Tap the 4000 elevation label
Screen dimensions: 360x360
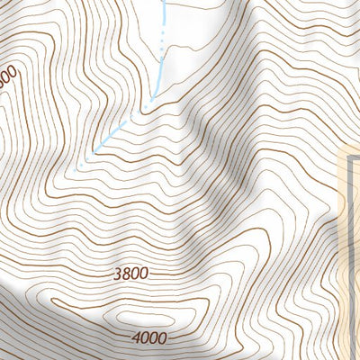click(148, 338)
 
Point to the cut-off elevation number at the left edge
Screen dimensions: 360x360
click(7, 77)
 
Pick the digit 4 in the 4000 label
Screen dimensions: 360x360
click(135, 338)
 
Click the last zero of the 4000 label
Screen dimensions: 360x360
click(162, 338)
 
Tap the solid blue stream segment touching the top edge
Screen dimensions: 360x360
click(165, 11)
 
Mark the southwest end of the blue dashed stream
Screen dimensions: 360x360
click(79, 166)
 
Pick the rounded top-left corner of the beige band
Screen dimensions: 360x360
click(343, 151)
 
